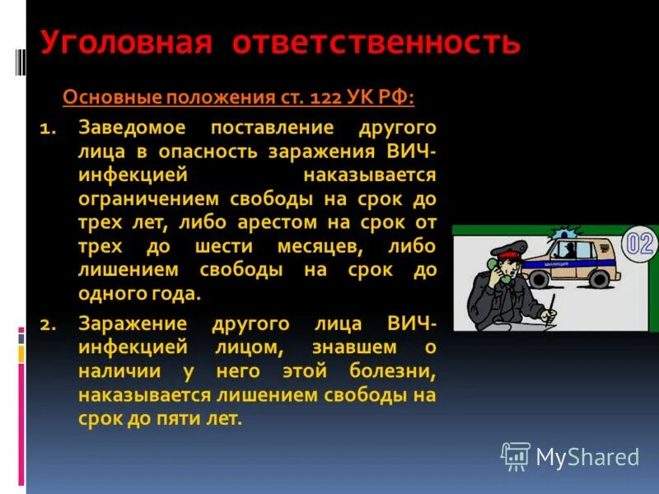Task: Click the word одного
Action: click(x=109, y=294)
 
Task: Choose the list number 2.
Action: click(x=46, y=324)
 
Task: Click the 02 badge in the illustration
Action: click(x=640, y=244)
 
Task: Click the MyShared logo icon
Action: click(x=516, y=456)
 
